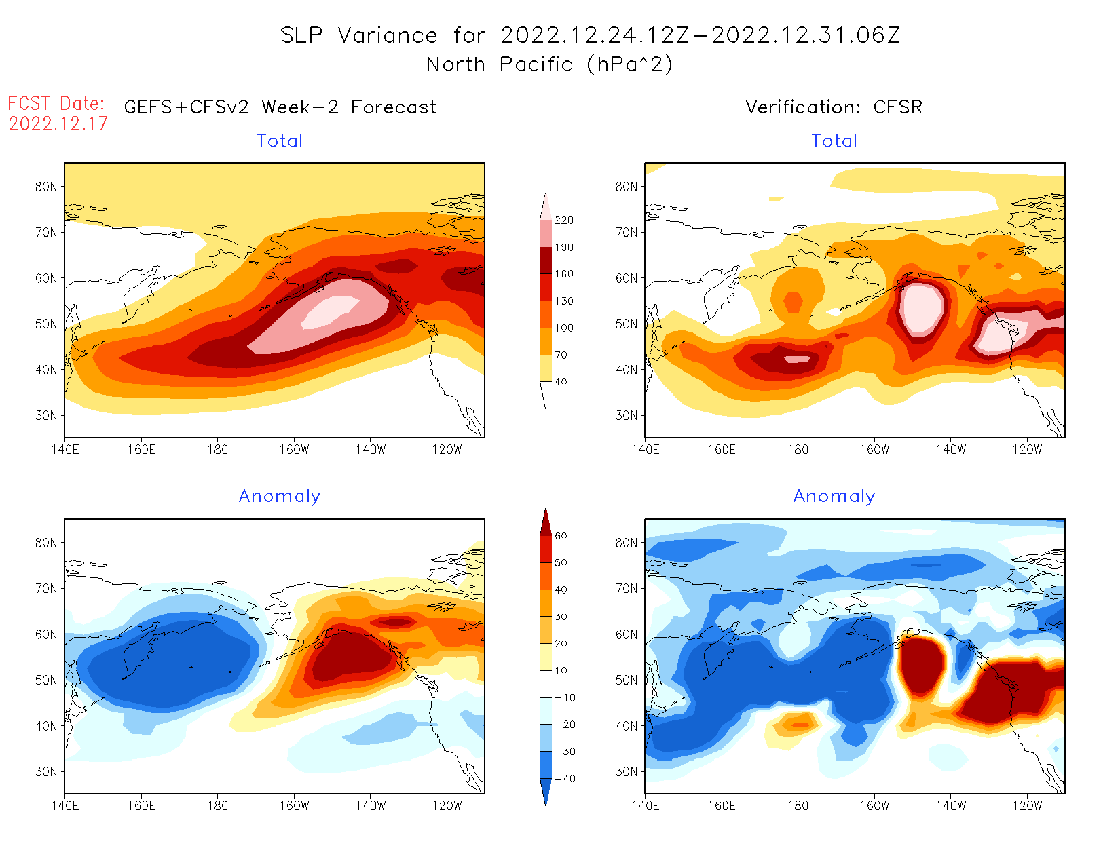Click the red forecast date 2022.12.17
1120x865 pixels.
58,123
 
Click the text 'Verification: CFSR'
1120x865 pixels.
834,107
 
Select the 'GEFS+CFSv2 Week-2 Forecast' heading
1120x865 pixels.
280,107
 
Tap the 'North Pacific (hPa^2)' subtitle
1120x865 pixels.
549,64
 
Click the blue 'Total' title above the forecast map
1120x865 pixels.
280,141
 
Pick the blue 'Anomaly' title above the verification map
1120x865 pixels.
834,497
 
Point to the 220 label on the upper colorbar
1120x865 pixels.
563,220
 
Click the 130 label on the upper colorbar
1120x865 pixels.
563,301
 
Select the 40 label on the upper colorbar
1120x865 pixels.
561,382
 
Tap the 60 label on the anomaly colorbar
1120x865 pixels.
561,536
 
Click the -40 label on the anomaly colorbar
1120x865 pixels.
565,779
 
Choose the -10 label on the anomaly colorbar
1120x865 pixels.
565,698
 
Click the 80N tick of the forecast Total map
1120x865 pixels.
46,187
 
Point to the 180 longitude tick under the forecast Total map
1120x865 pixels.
217,450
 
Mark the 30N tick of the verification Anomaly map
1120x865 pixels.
627,772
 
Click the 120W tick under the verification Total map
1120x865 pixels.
1027,450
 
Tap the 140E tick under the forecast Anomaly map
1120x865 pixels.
65,806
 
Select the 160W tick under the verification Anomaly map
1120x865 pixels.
874,806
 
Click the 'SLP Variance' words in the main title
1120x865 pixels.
359,35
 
